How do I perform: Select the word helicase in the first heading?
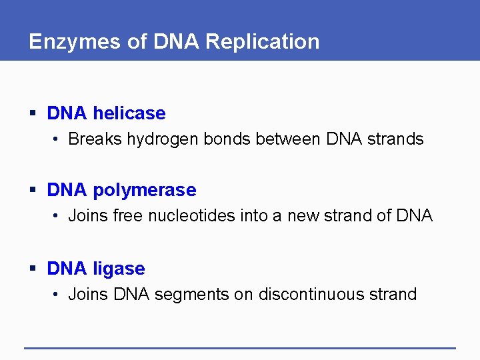point(129,113)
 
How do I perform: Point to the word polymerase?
point(145,190)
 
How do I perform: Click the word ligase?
point(119,269)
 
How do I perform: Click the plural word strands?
point(394,139)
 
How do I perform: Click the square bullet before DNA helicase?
point(33,114)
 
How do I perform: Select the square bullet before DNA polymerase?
point(33,191)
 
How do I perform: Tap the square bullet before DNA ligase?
point(33,269)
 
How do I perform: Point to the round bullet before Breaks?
point(58,140)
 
